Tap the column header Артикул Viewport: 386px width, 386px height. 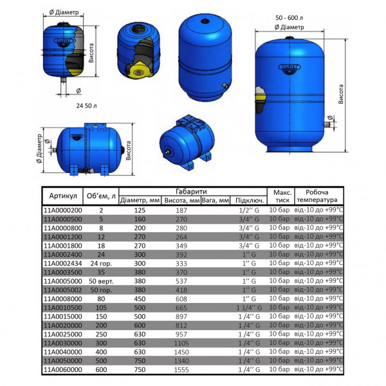coord(63,196)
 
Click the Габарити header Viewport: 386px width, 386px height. coord(190,191)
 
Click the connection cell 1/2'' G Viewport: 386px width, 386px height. coord(248,210)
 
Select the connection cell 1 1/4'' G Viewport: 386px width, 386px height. coord(248,308)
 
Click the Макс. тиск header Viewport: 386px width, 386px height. coord(282,196)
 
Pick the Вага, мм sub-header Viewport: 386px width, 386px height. coord(215,200)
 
